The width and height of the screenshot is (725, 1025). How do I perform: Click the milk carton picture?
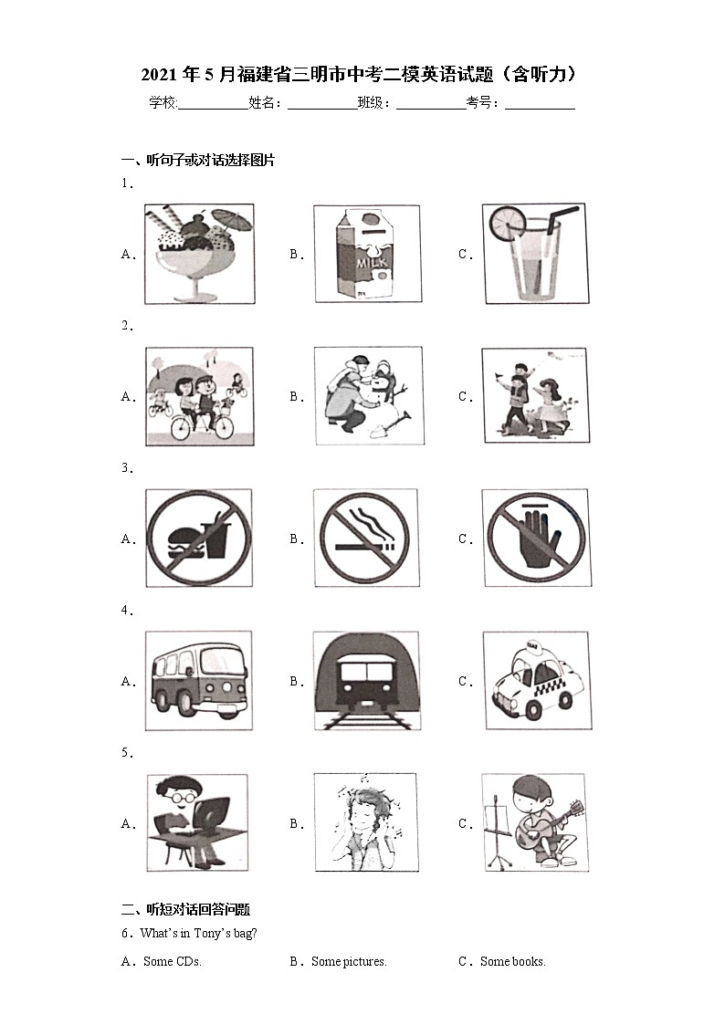(x=366, y=254)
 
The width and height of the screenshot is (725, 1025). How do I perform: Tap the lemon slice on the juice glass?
(x=508, y=223)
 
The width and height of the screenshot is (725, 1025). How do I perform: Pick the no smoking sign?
(x=365, y=538)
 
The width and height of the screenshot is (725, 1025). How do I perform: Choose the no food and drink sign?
(x=199, y=538)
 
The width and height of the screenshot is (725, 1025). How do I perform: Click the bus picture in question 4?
(x=199, y=680)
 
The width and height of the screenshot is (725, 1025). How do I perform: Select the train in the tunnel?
(x=366, y=681)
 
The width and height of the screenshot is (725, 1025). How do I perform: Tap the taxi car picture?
(x=537, y=681)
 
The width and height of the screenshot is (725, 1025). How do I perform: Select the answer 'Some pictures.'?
(x=349, y=961)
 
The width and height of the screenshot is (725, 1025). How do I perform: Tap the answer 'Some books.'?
(x=512, y=961)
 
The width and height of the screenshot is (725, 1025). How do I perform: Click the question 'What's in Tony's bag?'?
(x=198, y=933)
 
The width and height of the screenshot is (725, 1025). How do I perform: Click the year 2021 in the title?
(x=159, y=75)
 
